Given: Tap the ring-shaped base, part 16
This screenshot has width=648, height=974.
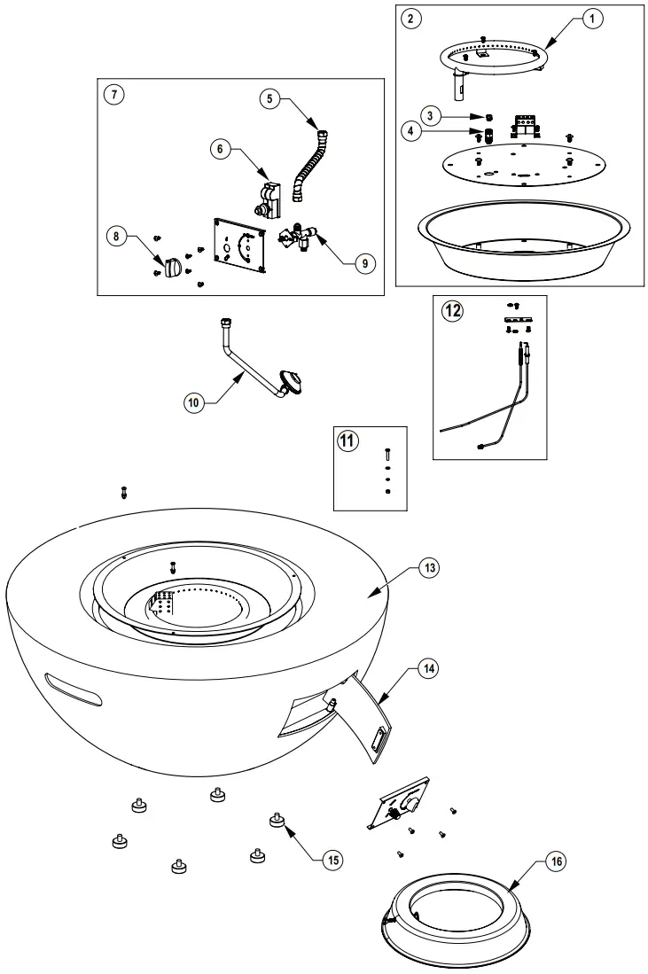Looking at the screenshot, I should click(459, 908).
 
